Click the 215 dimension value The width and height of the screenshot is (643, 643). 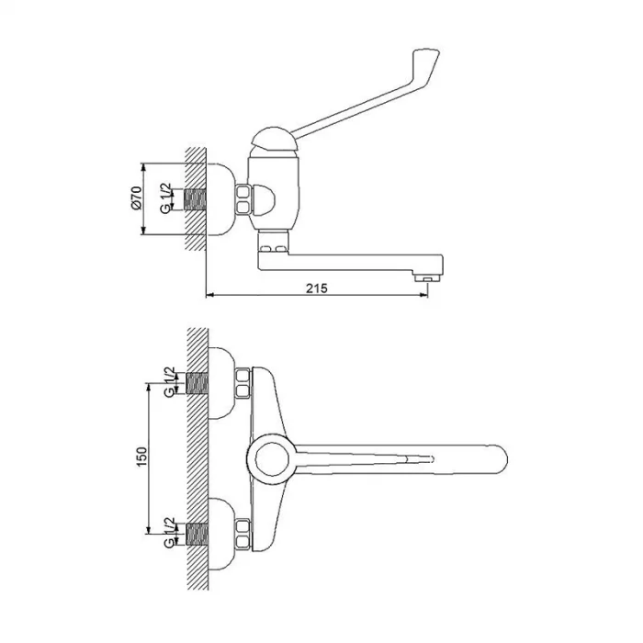(317, 288)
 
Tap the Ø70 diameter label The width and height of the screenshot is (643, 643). (136, 198)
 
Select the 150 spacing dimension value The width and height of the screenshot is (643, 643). (141, 457)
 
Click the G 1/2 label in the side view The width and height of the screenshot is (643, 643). (166, 198)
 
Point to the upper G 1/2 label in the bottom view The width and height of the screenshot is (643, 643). (169, 382)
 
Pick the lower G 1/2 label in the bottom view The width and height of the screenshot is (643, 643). (169, 532)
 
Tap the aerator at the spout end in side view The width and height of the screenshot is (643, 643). (427, 279)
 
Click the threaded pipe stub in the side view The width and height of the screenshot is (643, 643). (195, 199)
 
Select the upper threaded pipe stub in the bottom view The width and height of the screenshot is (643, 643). (197, 383)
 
